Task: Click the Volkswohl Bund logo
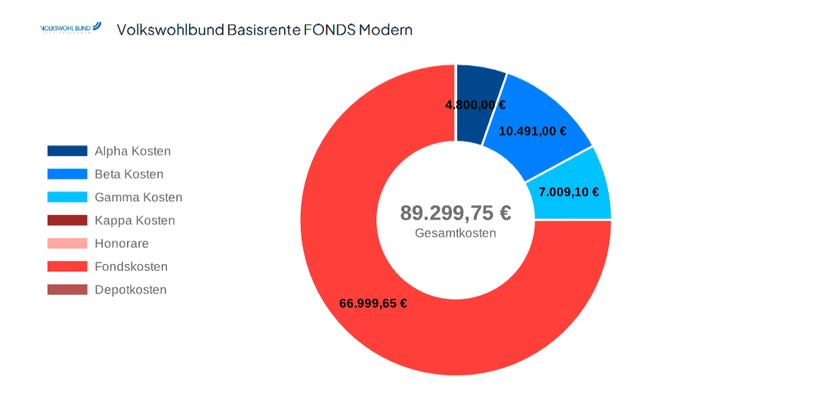[x=70, y=28]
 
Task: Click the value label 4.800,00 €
[x=475, y=105]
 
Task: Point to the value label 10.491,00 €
[x=532, y=131]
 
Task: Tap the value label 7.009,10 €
[x=568, y=192]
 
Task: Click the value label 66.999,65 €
[x=373, y=303]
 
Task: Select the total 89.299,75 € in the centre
[x=455, y=213]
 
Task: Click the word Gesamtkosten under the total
[x=455, y=233]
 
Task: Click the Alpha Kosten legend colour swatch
[x=67, y=151]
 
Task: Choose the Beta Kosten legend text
[x=129, y=174]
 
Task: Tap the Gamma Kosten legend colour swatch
[x=67, y=197]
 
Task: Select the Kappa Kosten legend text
[x=135, y=220]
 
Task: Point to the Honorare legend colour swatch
[x=67, y=243]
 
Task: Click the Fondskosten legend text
[x=131, y=266]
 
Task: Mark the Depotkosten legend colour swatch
[x=67, y=290]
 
